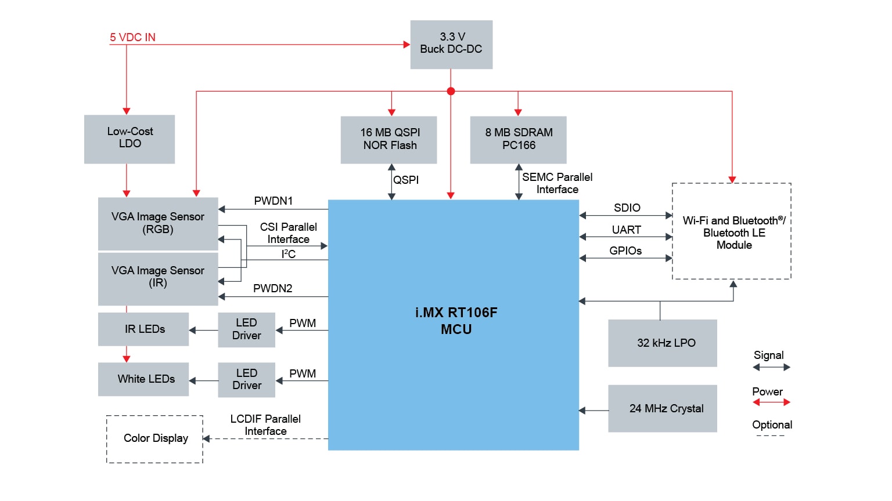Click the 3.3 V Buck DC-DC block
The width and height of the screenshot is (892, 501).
[x=451, y=45]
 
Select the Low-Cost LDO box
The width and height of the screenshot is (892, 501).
[x=130, y=139]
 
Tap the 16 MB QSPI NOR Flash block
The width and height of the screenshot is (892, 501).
[x=389, y=140]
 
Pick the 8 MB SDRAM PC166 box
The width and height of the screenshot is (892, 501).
[x=518, y=140]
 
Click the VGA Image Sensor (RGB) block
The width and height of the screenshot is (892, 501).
[x=158, y=223]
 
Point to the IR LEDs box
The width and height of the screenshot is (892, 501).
[x=143, y=329]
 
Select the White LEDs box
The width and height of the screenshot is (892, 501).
[x=143, y=379]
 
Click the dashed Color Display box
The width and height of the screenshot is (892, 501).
[x=155, y=439]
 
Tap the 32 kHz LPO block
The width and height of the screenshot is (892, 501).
[x=663, y=343]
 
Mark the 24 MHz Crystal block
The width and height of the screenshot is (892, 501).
[x=663, y=409]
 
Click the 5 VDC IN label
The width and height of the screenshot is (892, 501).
[x=132, y=38]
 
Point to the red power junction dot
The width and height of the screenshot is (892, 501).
[x=451, y=91]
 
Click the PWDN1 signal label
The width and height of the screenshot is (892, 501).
[x=274, y=201]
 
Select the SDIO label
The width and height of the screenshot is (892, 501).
[x=627, y=208]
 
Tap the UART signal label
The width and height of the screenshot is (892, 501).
[x=627, y=230]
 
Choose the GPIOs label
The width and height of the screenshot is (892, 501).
[x=625, y=251]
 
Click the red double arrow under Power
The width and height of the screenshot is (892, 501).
[x=771, y=402]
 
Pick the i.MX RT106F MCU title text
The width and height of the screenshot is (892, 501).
[x=456, y=321]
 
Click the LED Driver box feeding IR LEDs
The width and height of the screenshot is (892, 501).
[x=247, y=329]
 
